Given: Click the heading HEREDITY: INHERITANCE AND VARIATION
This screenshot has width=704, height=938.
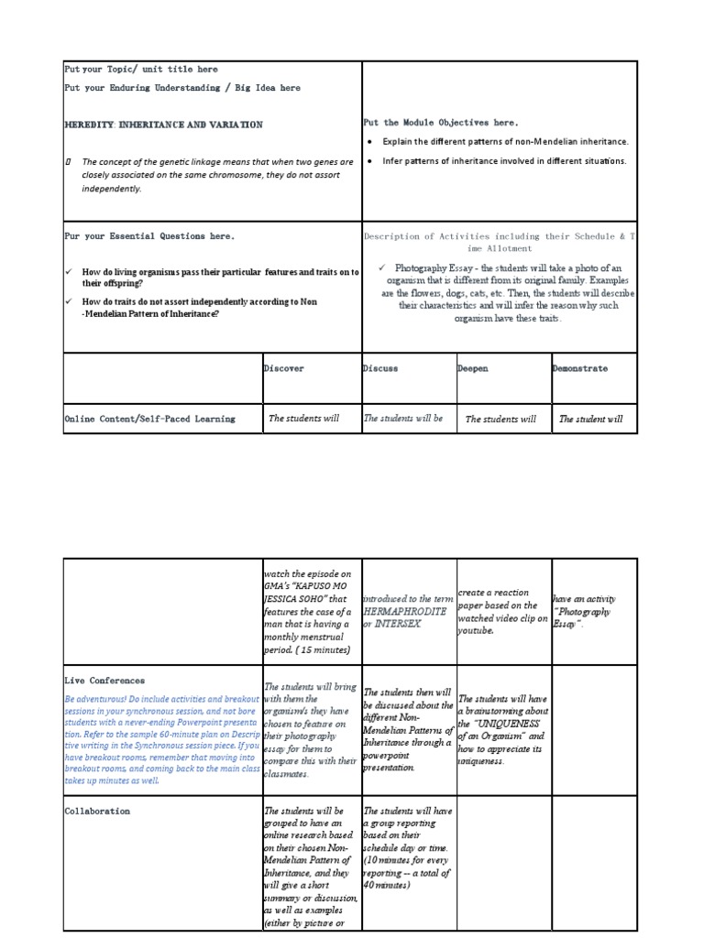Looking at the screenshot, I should pyautogui.click(x=163, y=125).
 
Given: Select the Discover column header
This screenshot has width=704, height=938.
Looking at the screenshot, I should pyautogui.click(x=284, y=368).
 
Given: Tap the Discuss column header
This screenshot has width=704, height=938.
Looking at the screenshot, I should pyautogui.click(x=380, y=368).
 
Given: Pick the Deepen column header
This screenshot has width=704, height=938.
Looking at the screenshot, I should pyautogui.click(x=473, y=368).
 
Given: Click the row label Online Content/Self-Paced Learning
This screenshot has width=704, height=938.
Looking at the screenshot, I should pyautogui.click(x=149, y=419).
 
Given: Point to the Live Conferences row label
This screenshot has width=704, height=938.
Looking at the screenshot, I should pyautogui.click(x=104, y=681).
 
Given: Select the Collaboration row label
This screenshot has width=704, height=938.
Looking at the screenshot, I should pyautogui.click(x=97, y=811).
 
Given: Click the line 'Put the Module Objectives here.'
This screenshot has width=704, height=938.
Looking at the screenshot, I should pyautogui.click(x=441, y=122).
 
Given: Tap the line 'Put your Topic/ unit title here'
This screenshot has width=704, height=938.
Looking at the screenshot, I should pyautogui.click(x=141, y=69).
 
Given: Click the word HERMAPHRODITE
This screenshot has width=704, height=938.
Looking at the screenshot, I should pyautogui.click(x=404, y=610).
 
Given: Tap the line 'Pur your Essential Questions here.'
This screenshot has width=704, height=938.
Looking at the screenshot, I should pyautogui.click(x=149, y=235).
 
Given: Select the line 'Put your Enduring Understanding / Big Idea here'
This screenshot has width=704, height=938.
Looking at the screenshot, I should pyautogui.click(x=181, y=88).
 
